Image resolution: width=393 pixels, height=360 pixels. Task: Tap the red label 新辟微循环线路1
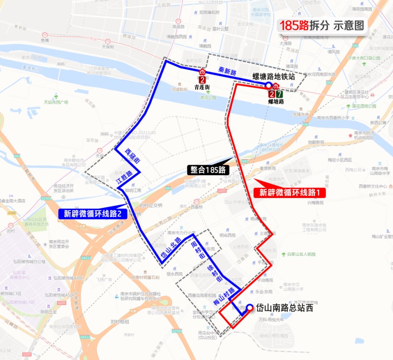tap(290, 192)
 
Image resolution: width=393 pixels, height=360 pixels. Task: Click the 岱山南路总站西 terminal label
tap(284, 308)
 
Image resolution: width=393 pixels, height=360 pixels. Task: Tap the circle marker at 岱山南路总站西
tap(250, 308)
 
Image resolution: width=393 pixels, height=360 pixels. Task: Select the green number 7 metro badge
tap(279, 93)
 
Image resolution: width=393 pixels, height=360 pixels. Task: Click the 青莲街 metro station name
tap(202, 87)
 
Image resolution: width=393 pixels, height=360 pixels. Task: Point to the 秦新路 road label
tap(227, 73)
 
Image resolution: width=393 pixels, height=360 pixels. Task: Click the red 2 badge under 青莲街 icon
tap(202, 80)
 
